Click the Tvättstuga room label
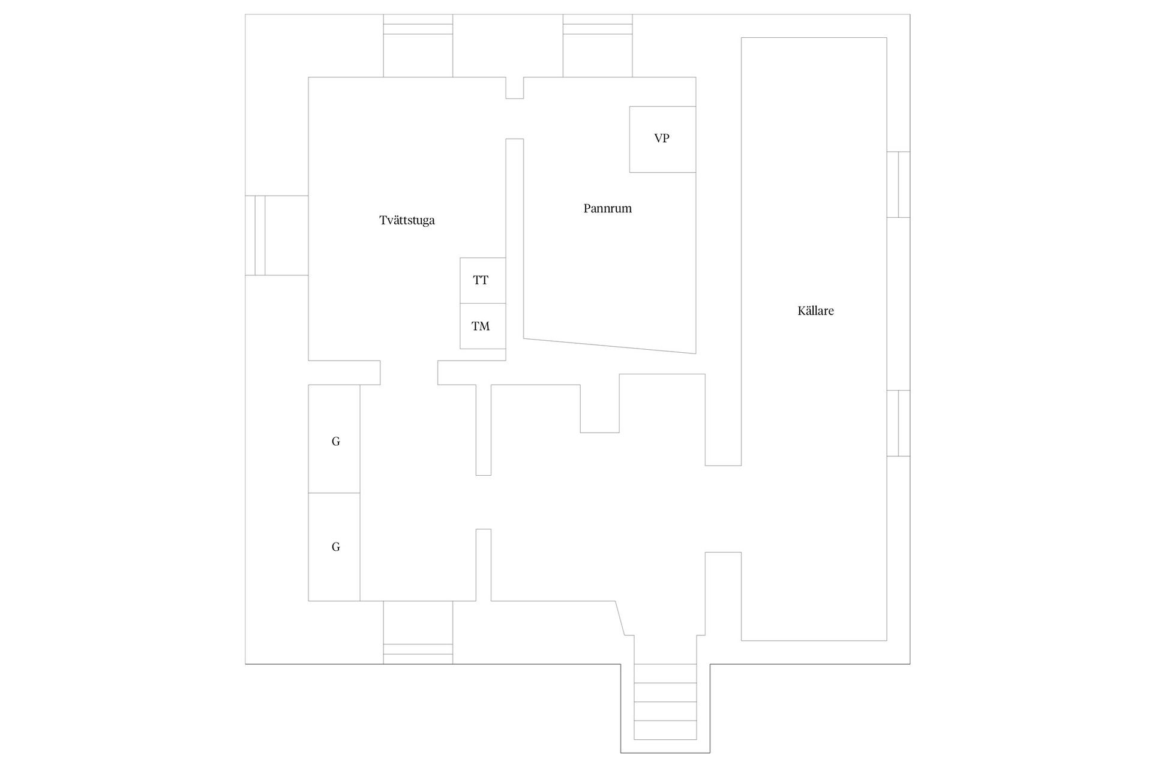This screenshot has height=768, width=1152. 407,220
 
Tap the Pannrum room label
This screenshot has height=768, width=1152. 607,208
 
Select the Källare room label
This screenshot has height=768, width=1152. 815,311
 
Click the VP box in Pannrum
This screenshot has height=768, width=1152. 662,139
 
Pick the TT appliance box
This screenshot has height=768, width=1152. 482,280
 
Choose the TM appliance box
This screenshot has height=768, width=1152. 482,326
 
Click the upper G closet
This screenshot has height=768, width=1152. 334,439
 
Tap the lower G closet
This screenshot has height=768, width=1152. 334,547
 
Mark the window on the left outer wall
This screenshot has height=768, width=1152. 277,235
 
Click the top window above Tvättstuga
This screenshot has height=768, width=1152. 418,46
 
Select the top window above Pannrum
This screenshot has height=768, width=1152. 597,46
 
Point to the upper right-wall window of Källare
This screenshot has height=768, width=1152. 898,184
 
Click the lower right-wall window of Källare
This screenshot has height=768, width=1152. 898,423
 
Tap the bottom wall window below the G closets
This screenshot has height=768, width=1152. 418,632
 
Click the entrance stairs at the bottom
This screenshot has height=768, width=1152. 665,702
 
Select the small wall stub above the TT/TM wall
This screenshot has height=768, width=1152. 514,88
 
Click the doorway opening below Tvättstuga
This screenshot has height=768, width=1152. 409,373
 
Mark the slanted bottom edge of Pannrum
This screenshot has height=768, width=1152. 610,346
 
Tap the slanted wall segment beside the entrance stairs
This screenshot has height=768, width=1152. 620,617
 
